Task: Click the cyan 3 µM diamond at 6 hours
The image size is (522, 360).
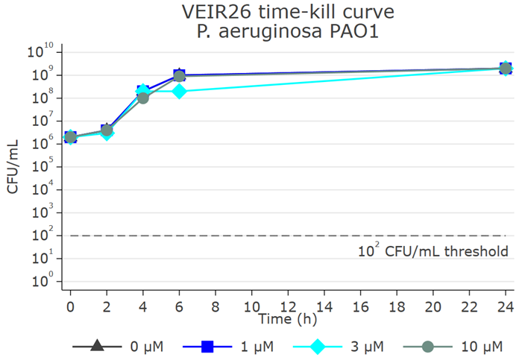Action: [x=179, y=91]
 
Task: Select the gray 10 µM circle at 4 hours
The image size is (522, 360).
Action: [x=142, y=98]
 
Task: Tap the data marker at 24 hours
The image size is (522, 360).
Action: [x=506, y=69]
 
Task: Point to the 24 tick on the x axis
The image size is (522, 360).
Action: [x=506, y=306]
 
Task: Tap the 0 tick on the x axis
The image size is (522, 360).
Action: [x=70, y=306]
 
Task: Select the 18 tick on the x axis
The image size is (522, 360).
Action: [x=397, y=306]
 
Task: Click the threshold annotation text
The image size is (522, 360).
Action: [x=433, y=251]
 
